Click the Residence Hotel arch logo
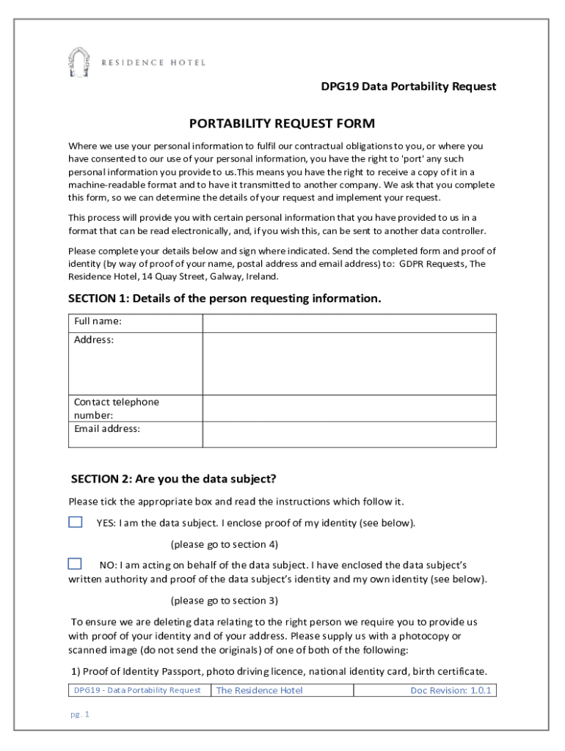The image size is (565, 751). (79, 62)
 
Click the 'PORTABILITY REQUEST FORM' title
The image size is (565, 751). (282, 123)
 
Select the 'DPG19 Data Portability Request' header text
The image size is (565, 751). (409, 87)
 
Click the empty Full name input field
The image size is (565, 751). (349, 323)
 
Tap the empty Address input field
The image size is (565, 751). (349, 364)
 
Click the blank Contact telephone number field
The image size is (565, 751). (349, 408)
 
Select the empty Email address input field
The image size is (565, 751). (349, 434)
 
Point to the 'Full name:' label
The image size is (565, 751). (98, 322)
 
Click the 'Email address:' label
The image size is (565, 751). (107, 429)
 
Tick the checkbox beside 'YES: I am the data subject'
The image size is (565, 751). (76, 522)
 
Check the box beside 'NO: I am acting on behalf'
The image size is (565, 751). (75, 564)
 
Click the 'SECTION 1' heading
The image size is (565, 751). (225, 298)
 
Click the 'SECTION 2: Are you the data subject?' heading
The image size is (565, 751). (173, 479)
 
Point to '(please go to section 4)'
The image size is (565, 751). (224, 544)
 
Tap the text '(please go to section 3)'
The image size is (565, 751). (224, 601)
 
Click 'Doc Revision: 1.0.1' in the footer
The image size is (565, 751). (451, 690)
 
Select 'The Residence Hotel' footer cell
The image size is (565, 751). (259, 690)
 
